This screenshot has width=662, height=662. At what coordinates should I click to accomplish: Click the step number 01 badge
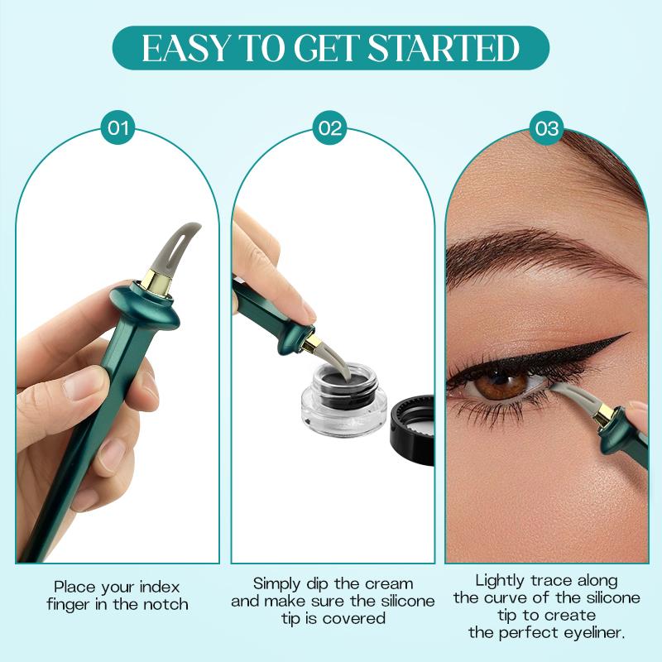tap(118, 128)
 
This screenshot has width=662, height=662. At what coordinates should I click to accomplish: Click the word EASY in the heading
tap(181, 49)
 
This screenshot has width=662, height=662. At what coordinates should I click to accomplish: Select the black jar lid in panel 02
tap(410, 430)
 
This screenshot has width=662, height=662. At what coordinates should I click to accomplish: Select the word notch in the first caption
tap(165, 604)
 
